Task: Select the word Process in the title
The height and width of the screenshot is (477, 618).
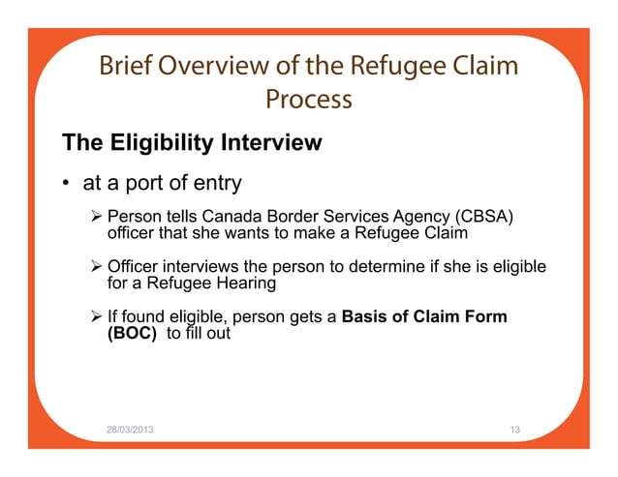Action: (x=308, y=99)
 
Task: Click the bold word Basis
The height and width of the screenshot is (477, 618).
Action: (x=367, y=316)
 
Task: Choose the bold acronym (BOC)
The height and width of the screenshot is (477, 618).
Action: (x=132, y=334)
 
